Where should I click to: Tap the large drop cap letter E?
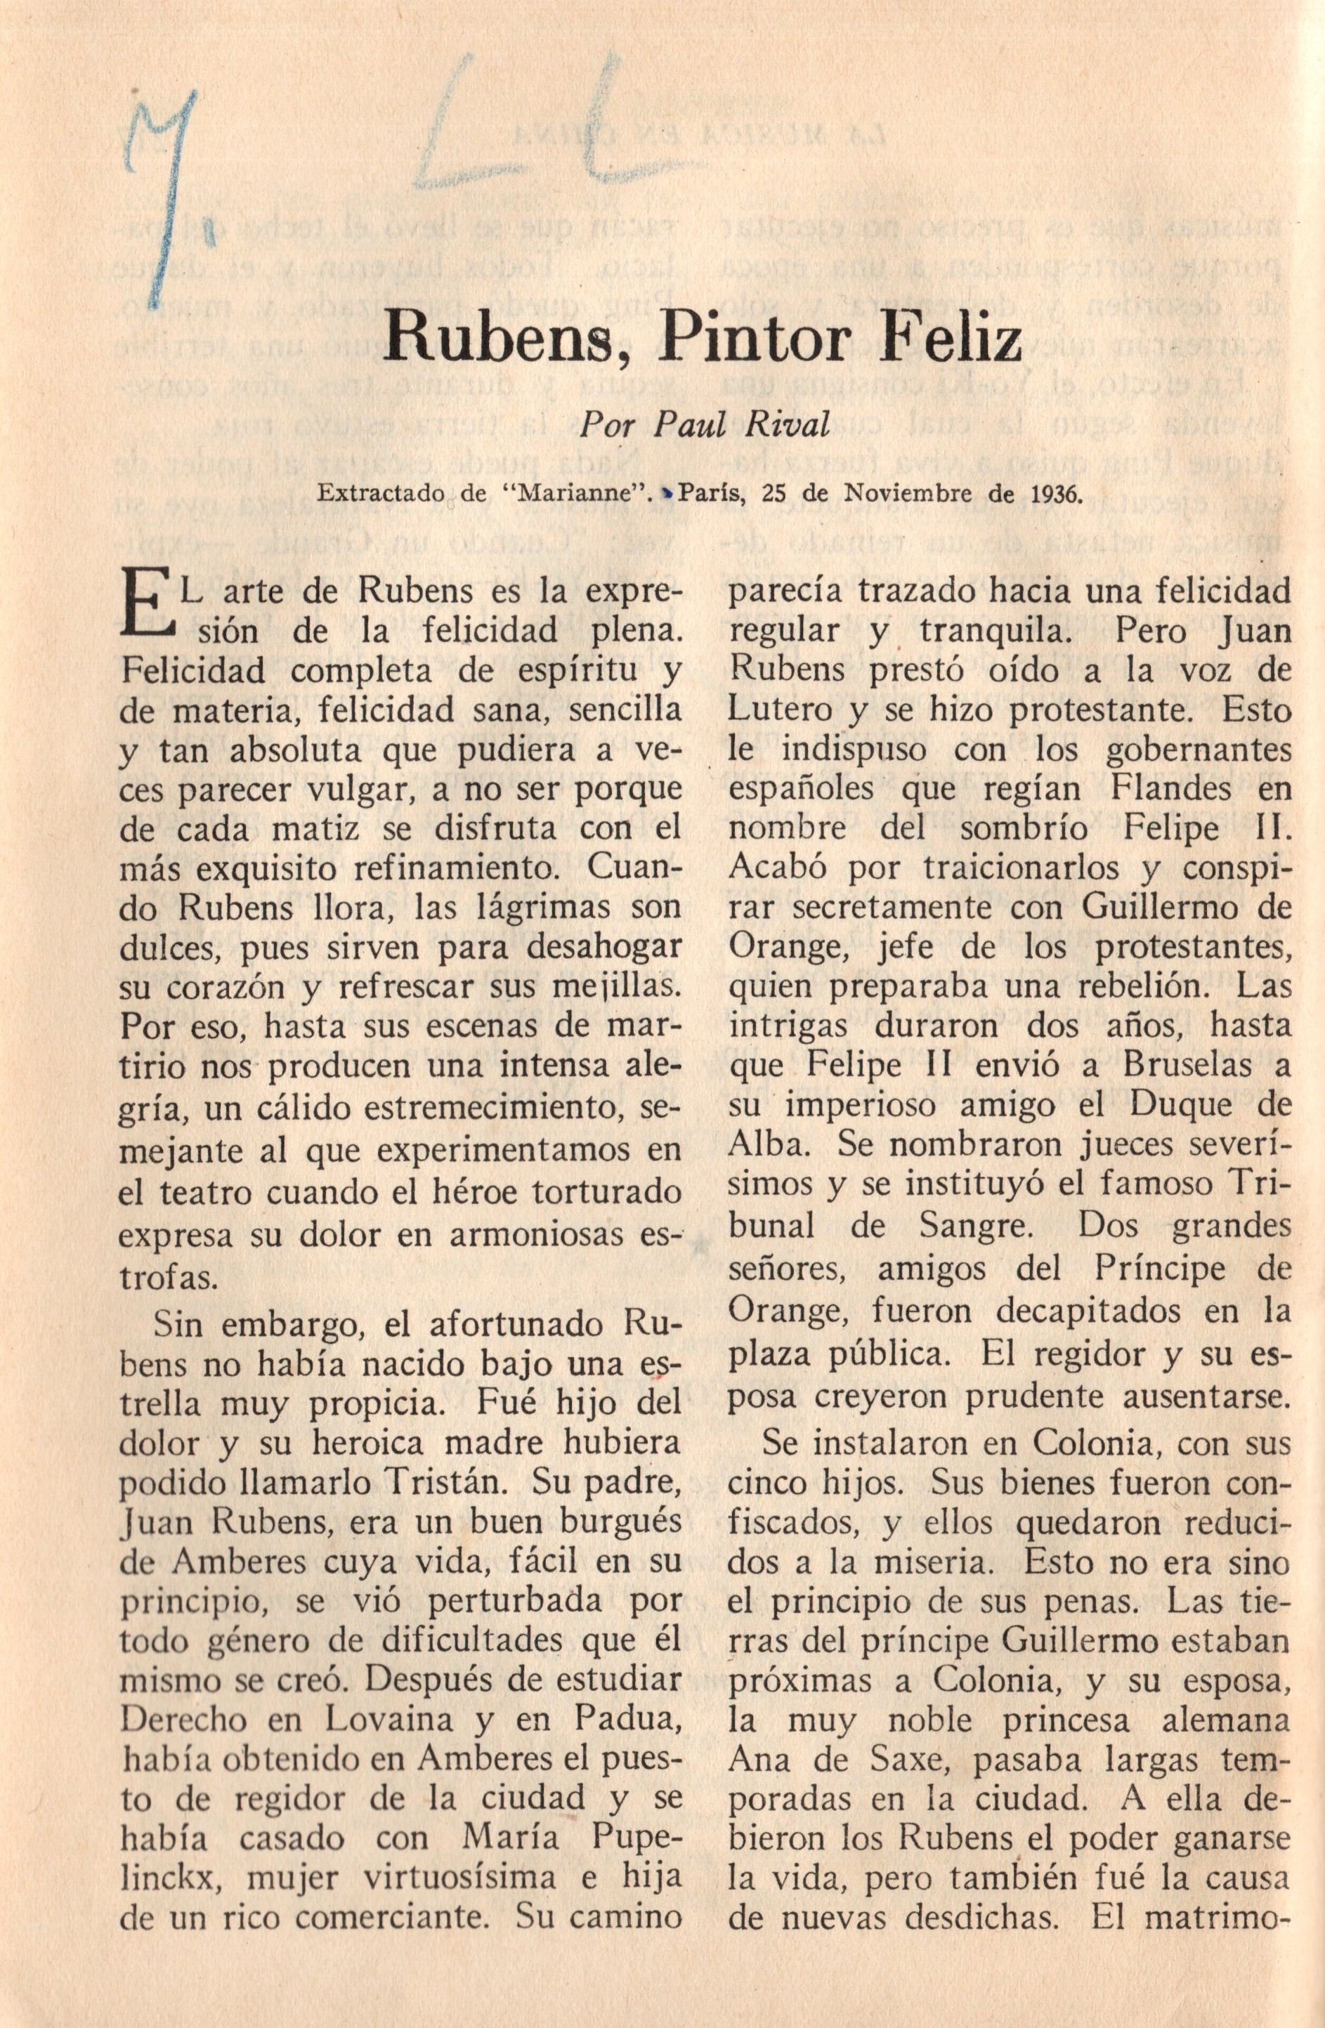(144, 608)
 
